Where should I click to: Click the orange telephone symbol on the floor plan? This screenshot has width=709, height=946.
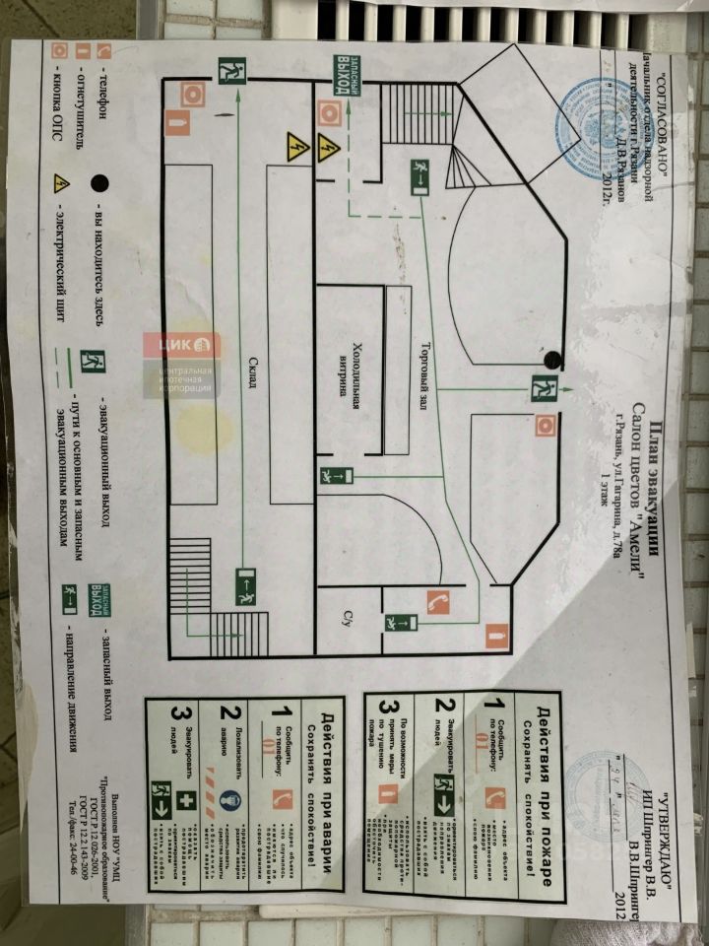pos(437,599)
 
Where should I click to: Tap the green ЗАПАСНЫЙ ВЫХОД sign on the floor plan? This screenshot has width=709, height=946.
pos(343,73)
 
